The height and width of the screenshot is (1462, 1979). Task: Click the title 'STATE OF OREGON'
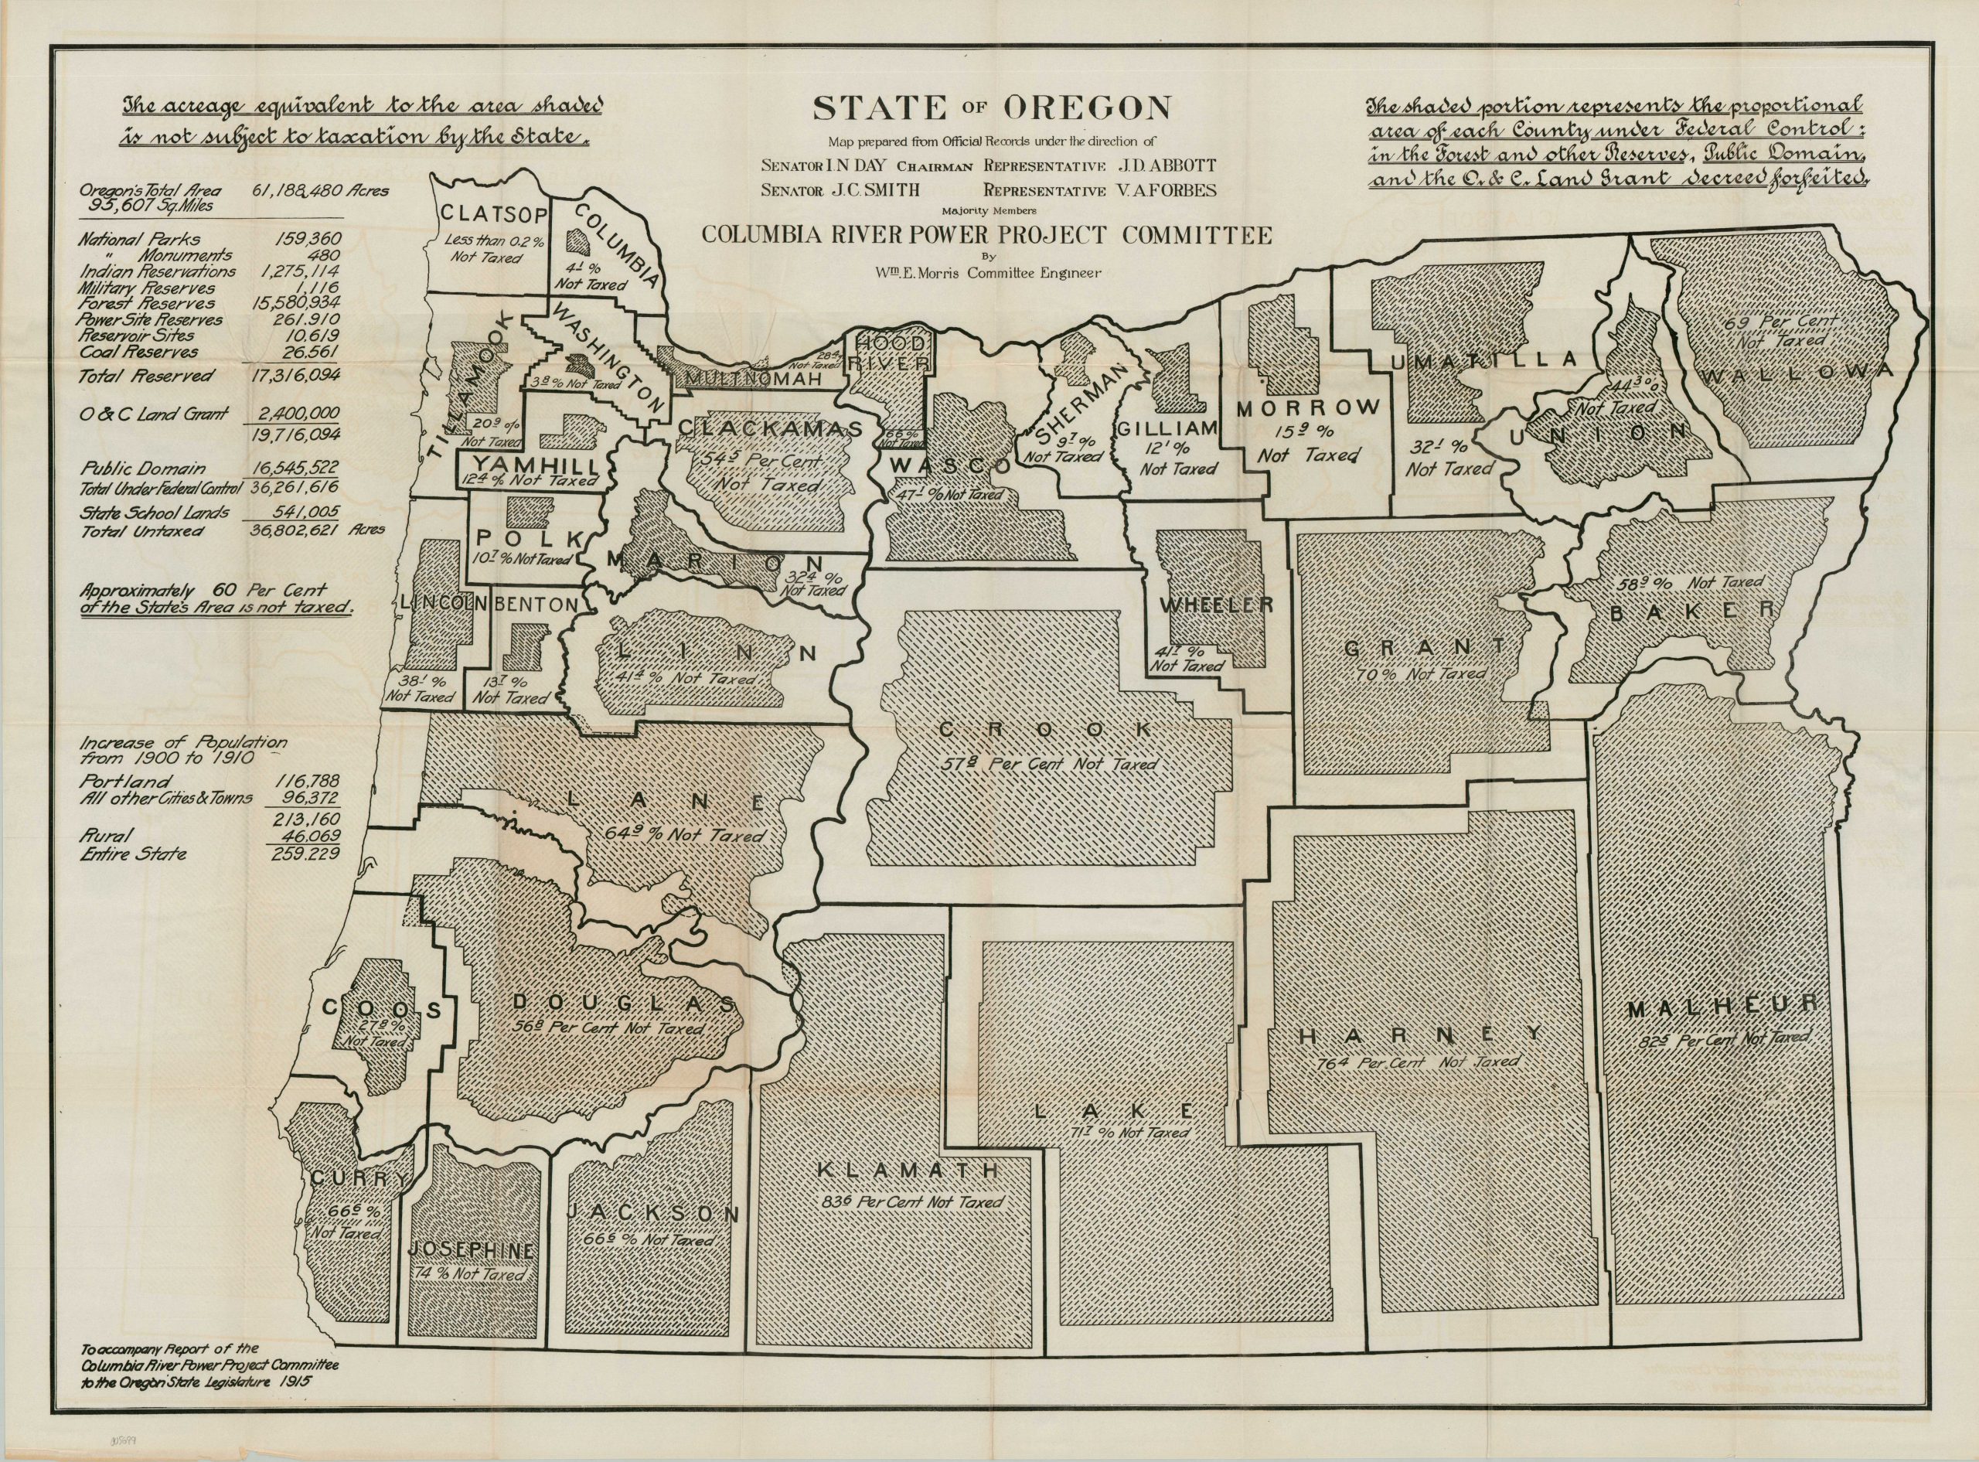click(x=991, y=108)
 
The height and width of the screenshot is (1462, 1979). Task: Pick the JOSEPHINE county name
click(x=471, y=1249)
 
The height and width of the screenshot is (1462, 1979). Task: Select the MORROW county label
click(x=1307, y=408)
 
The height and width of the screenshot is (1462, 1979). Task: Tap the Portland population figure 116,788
click(x=306, y=782)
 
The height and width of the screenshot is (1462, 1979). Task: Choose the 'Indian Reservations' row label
click(x=158, y=271)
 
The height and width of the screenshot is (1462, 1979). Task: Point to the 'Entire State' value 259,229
click(x=306, y=854)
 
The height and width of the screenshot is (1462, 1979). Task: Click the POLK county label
click(x=527, y=539)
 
